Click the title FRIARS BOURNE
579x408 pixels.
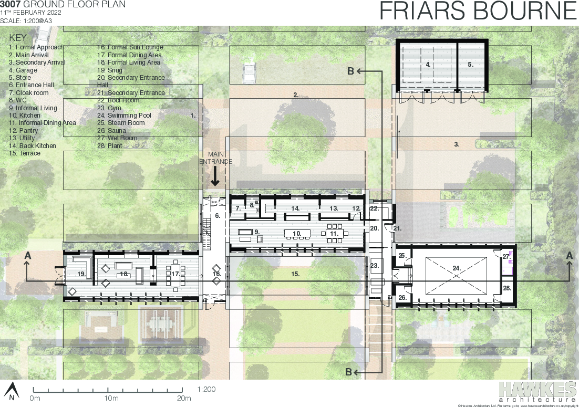click(x=478, y=12)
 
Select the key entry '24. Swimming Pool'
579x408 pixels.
click(x=124, y=116)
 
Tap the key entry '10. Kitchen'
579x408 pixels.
click(x=24, y=116)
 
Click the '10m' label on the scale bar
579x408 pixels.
click(x=111, y=398)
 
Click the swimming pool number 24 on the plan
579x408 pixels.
click(x=456, y=268)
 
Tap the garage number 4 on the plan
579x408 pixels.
click(x=428, y=65)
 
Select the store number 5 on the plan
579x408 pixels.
click(x=470, y=65)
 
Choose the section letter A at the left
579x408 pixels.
click(x=27, y=255)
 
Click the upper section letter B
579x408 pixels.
click(x=350, y=71)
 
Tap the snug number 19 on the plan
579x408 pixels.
click(x=81, y=274)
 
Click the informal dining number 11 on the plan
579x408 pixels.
click(x=333, y=233)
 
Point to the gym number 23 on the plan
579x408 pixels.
click(x=374, y=266)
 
